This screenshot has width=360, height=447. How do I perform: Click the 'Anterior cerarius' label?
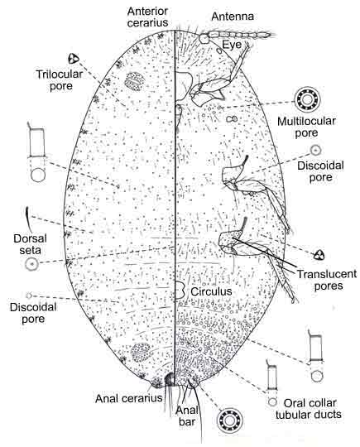tap(147, 17)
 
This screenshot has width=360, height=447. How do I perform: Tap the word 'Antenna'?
tap(233, 17)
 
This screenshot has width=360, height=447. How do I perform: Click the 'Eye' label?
tap(232, 45)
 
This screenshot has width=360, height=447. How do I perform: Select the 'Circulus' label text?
tap(211, 291)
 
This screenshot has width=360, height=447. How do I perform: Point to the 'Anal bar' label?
tap(187, 416)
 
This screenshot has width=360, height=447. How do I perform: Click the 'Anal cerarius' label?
tap(128, 398)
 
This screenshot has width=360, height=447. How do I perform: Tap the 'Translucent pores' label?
tap(327, 280)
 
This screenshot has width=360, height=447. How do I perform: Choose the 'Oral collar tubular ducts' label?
tap(310, 409)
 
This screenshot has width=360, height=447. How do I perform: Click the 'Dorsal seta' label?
tap(30, 244)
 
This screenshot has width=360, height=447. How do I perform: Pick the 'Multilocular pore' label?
tap(306, 127)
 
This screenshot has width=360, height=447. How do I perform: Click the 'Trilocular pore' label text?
tap(60, 80)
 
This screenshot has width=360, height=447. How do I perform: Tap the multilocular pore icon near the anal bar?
tap(229, 420)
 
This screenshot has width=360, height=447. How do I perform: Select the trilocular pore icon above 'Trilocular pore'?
tap(74, 59)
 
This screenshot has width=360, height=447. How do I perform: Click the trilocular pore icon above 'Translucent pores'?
tap(319, 255)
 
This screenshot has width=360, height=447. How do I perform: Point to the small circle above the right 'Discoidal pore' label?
tap(316, 149)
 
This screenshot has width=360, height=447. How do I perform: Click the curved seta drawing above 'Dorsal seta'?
tap(26, 216)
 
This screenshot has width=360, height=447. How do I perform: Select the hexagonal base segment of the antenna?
tap(204, 38)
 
